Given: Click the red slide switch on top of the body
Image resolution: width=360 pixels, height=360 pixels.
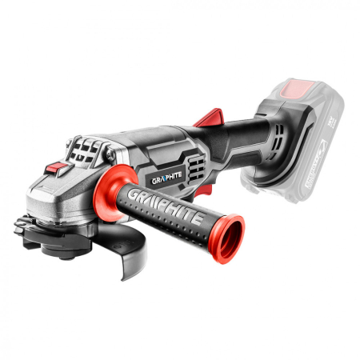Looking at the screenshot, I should [x=209, y=118].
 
